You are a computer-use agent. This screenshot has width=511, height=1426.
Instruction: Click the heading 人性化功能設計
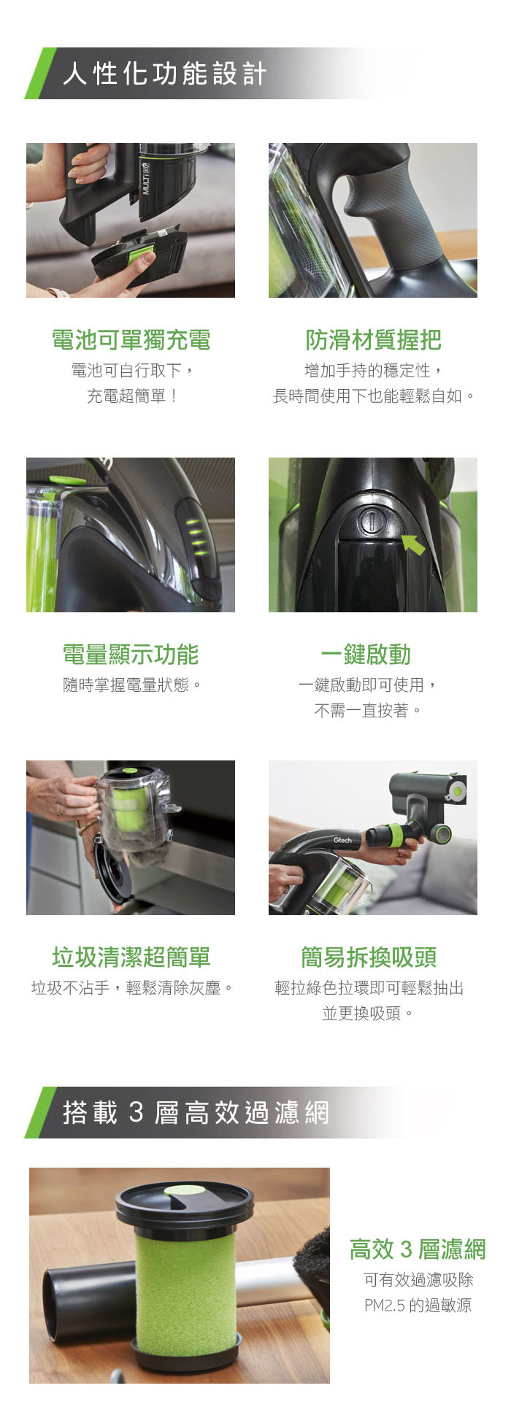click(165, 74)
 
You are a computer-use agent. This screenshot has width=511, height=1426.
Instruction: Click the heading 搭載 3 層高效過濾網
click(196, 1112)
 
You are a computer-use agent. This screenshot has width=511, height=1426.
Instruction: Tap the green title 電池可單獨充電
click(131, 339)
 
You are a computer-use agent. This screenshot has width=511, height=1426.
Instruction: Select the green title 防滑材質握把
click(373, 339)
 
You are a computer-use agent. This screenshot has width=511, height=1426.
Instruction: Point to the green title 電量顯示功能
click(131, 655)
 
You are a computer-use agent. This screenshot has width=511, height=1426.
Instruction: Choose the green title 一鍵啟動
click(366, 655)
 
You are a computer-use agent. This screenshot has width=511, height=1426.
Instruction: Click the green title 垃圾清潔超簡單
click(131, 957)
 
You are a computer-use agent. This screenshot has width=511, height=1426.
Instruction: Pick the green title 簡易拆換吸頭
click(369, 957)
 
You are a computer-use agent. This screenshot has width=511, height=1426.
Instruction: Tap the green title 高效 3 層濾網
click(418, 1249)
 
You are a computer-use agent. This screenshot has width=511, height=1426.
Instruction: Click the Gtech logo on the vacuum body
click(342, 840)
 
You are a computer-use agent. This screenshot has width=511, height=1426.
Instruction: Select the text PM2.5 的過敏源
click(418, 1305)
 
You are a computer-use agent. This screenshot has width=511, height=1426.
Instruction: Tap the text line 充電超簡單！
click(132, 396)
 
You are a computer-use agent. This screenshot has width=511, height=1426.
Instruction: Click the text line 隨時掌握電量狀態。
click(131, 685)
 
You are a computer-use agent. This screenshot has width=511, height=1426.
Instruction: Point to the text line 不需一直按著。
click(368, 710)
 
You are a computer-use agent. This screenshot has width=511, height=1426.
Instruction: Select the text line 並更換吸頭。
click(369, 1013)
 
